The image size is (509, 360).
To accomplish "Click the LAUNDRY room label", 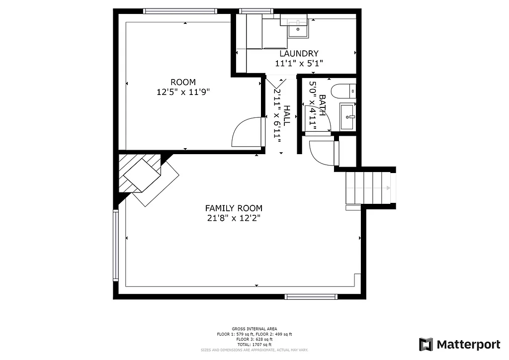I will point(299,54).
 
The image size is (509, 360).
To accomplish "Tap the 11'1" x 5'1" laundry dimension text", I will point(299,63).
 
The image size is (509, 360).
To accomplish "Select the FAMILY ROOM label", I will point(234,208).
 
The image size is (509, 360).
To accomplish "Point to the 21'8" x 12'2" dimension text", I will point(234,218).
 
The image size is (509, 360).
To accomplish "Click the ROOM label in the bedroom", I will point(183,82).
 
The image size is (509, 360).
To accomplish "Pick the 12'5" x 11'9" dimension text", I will point(183,91).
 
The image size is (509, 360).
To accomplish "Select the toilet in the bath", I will point(343,91).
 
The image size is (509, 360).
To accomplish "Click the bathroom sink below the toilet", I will point(348,116).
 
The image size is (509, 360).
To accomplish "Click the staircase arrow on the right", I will point(388,188).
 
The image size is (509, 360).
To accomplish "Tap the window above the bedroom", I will point(180,11).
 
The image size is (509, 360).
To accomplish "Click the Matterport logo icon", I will point(426,345).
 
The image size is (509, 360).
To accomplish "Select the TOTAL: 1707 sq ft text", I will point(254,345).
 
